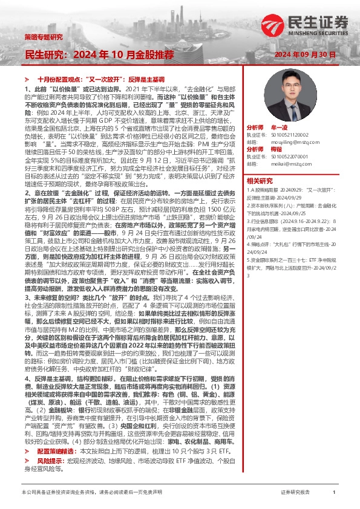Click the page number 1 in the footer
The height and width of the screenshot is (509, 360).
[x=334, y=493]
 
